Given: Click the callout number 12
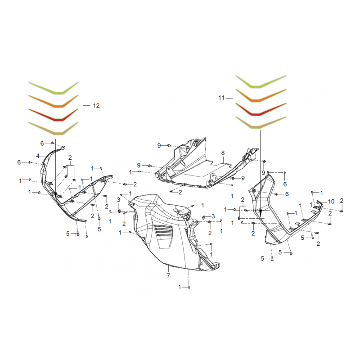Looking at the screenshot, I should pos(96,105).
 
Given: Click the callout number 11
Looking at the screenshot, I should pos(221,98).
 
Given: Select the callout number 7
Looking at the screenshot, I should pos(168,275).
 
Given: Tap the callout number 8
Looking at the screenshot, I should pos(222,153).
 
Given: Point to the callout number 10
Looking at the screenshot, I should pos(331,201).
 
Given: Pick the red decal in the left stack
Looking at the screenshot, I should pos(54,116).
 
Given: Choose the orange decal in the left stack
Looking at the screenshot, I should pos(54,103).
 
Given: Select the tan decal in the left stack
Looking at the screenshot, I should pos(54,130).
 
